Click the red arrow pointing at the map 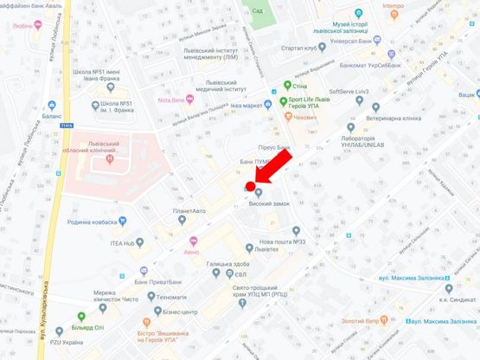tap(276, 167)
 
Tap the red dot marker tap(251, 186)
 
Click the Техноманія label tap(166, 297)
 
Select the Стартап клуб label tap(298, 48)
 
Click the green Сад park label tap(257, 10)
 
